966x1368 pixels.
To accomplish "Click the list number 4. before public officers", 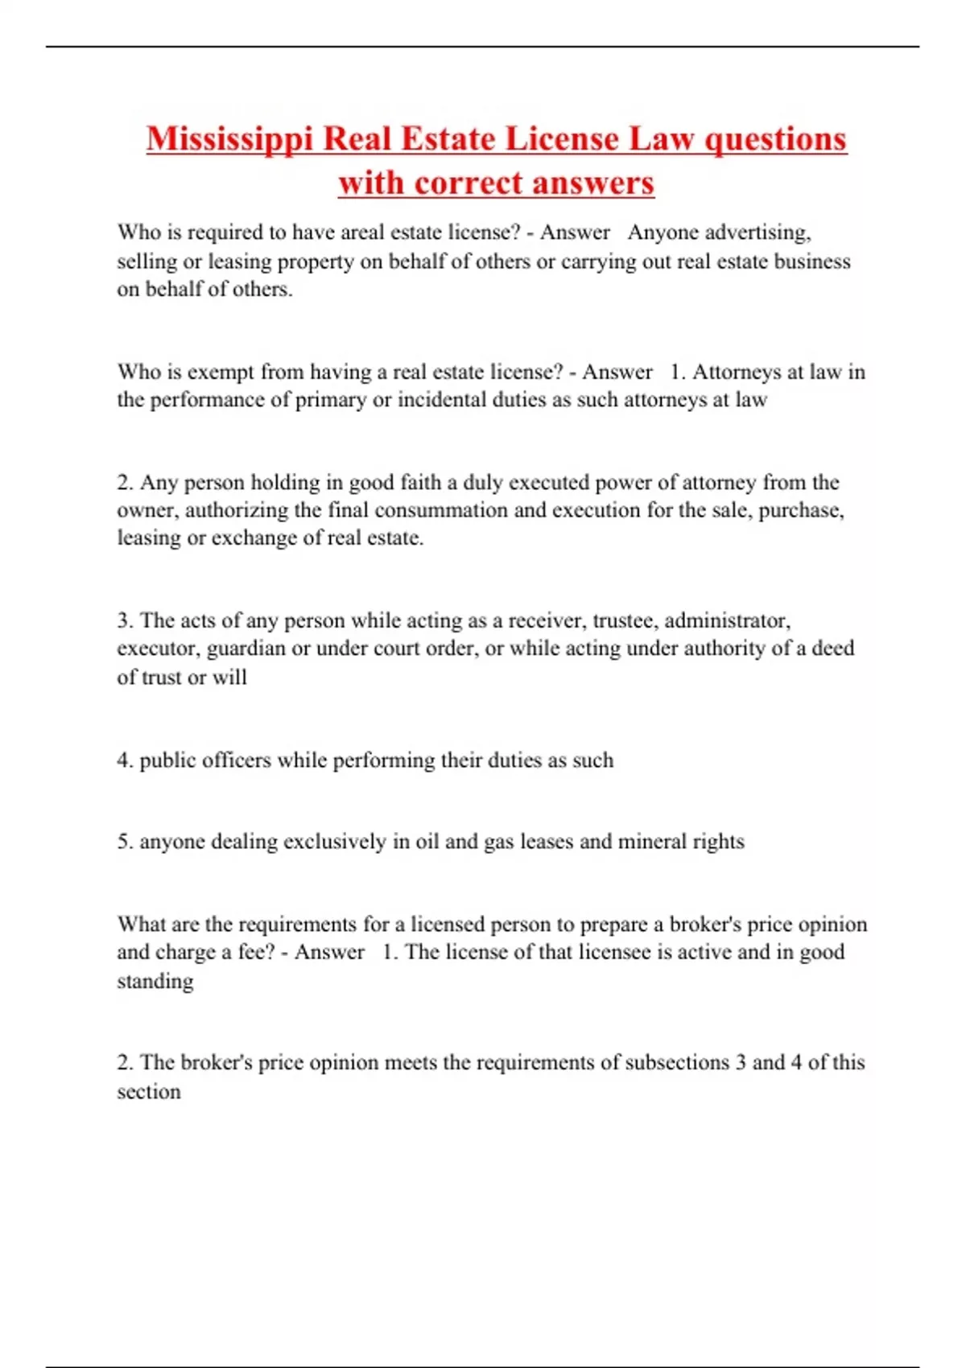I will pos(125,760).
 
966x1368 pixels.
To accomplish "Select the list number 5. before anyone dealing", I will pos(125,842).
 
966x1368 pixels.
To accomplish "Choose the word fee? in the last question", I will pos(257,952).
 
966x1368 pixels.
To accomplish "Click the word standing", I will pos(155,982).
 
